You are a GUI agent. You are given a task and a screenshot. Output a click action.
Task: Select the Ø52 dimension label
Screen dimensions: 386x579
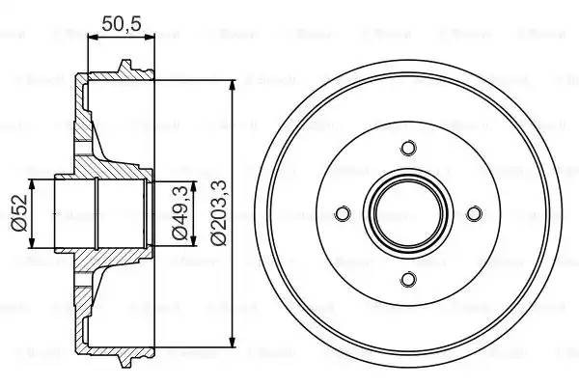click(x=17, y=212)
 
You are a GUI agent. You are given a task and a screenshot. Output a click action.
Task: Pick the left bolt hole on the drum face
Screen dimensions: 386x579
click(x=342, y=213)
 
